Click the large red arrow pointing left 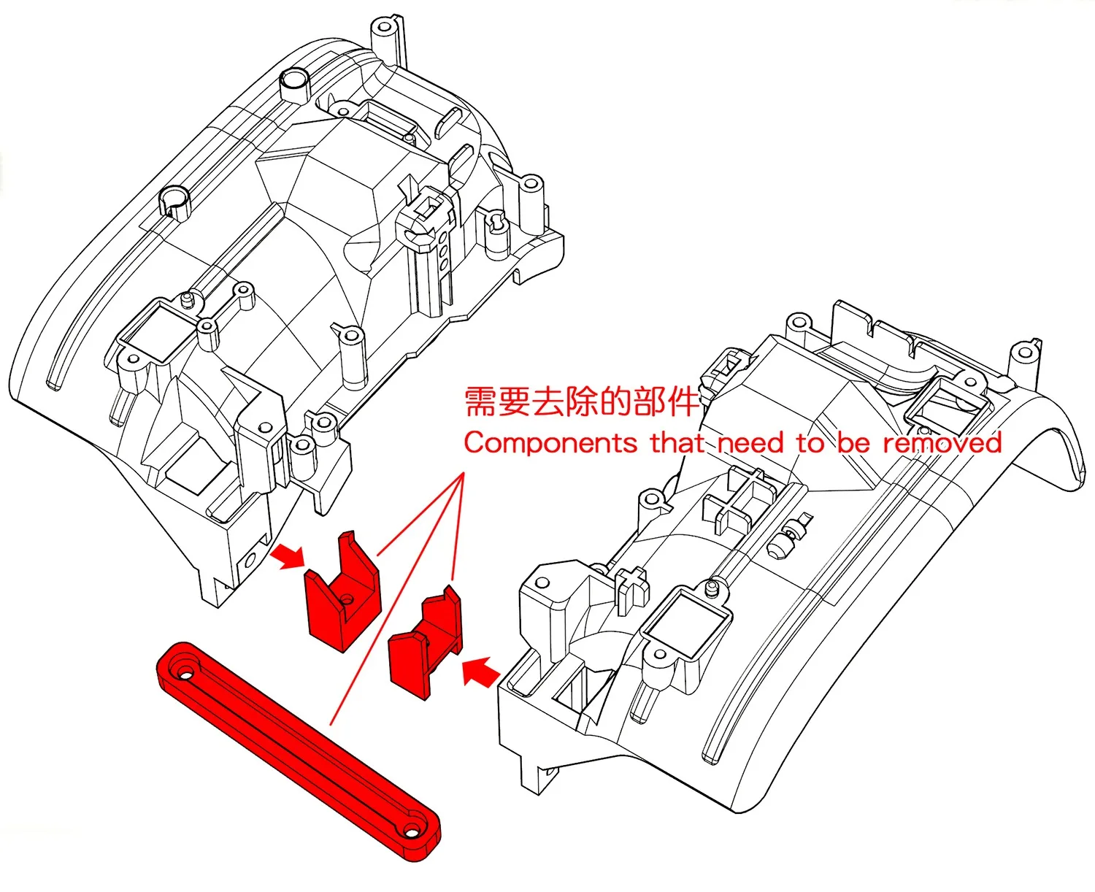click(x=481, y=671)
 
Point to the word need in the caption click(x=750, y=443)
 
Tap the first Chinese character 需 click(x=481, y=402)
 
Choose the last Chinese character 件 click(x=684, y=402)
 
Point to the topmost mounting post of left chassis click(x=385, y=29)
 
